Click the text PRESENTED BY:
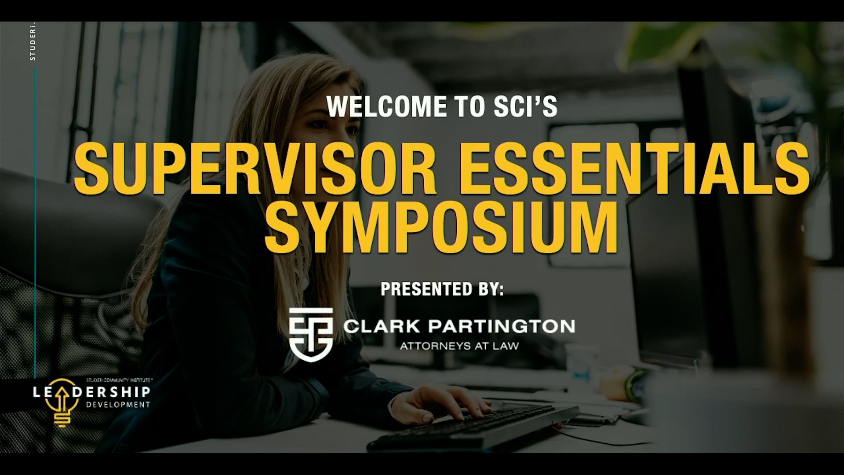pos(442,289)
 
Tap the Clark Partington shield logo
pos(310,334)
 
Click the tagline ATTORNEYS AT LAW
pos(459,346)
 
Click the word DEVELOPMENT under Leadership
pos(117,405)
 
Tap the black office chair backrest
pos(66,229)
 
